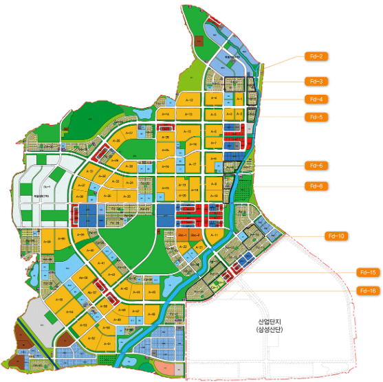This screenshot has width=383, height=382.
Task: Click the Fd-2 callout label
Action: pos(316,56)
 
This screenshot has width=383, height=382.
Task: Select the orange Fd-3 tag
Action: pos(316,81)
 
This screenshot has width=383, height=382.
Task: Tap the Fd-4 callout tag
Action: pos(316,99)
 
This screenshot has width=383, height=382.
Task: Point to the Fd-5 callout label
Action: pos(316,117)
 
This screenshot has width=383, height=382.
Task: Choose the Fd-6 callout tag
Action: pos(316,165)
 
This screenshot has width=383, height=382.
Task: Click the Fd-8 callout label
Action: pos(316,186)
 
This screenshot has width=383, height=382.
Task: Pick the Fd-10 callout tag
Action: pos(337,236)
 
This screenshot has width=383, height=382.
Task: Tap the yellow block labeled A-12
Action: pos(189,100)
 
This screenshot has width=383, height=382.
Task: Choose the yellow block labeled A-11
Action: pos(214,236)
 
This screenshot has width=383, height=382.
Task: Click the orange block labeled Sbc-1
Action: pos(182,236)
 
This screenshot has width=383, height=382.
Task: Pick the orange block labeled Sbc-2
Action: pos(196,236)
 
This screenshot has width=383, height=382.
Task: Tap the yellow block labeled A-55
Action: pos(104,306)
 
